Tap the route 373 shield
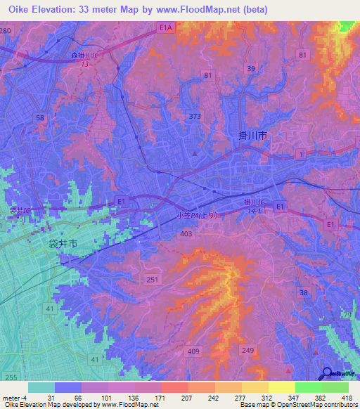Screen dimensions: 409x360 [x=195, y=116]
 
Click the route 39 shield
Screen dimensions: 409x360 [x=250, y=67]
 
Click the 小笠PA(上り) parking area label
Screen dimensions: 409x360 [x=202, y=216]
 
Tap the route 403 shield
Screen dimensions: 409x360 [x=186, y=233]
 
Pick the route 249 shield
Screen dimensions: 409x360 [x=247, y=349]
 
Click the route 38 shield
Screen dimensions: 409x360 [x=303, y=292]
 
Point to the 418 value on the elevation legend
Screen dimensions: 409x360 [x=349, y=397]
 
